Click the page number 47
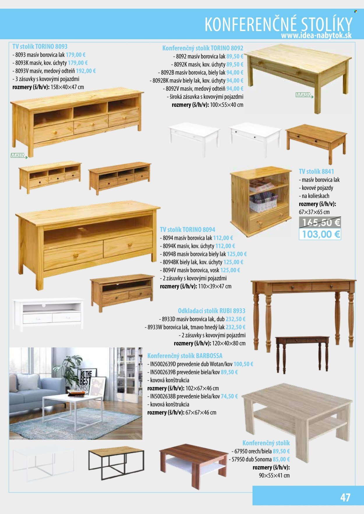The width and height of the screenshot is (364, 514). [345, 497]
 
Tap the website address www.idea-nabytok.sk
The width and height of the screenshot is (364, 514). [316, 35]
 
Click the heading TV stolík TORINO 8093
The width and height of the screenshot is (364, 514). [40, 47]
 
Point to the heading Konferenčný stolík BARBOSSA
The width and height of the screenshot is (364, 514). [185, 356]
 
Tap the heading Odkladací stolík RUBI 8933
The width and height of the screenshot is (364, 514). [211, 311]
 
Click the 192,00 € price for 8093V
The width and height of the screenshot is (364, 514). [86, 71]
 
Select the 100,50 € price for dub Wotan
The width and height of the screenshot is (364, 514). [243, 364]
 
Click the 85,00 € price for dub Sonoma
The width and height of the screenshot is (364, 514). [281, 459]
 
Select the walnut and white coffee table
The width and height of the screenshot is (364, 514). [193, 465]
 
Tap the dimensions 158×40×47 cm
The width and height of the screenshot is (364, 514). [67, 87]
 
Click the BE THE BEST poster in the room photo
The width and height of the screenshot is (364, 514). [86, 378]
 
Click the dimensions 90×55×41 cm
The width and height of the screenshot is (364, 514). [274, 476]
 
